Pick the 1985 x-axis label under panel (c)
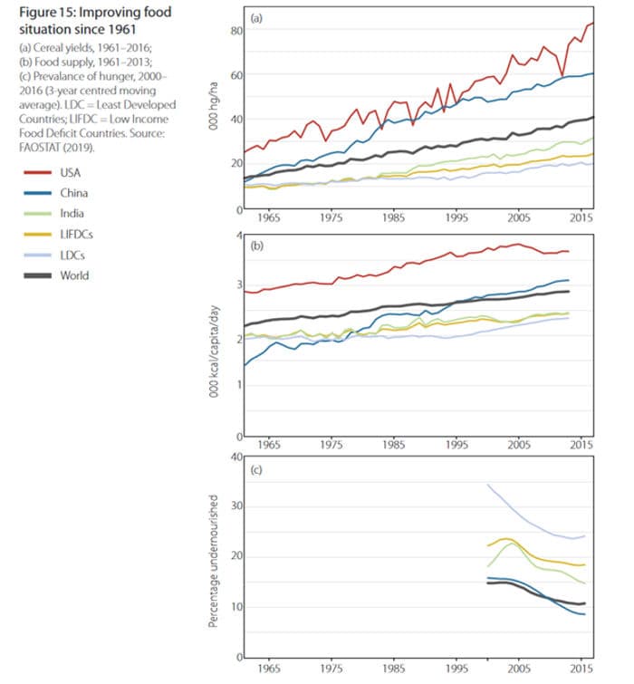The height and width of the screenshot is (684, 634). (x=393, y=673)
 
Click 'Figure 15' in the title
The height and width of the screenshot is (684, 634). (x=45, y=12)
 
